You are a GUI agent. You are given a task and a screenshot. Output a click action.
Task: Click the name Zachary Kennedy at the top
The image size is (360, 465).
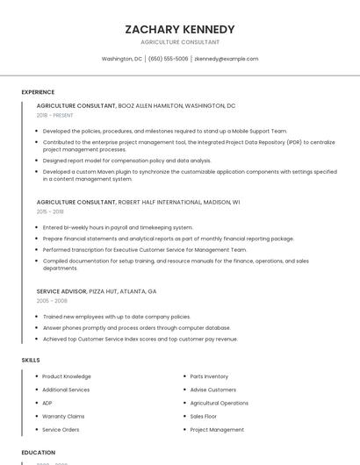click(180, 29)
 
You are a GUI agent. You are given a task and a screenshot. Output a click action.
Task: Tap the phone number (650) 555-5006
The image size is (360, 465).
click(168, 59)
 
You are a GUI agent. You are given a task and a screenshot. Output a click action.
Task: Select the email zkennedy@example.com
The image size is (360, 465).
click(227, 59)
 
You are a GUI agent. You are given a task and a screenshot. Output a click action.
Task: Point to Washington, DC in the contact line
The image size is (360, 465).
click(122, 59)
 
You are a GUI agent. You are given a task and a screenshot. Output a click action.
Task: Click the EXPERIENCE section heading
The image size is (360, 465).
click(38, 92)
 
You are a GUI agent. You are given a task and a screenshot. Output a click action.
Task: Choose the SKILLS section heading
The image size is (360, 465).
click(31, 360)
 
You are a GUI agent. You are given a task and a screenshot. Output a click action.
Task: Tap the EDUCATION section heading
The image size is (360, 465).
click(39, 453)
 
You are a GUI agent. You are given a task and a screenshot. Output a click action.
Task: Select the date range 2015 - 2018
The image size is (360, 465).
click(50, 211)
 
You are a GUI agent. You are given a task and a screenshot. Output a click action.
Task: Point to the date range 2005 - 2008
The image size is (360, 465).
click(52, 300)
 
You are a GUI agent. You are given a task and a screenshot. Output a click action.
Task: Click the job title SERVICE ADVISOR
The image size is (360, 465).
click(61, 290)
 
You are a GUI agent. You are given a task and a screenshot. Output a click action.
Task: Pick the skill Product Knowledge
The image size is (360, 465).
click(67, 376)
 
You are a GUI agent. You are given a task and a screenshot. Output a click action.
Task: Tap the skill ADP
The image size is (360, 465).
click(47, 403)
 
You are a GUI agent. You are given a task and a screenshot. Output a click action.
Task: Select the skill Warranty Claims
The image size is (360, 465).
click(63, 416)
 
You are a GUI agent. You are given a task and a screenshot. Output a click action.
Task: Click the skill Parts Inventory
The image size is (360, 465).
click(209, 376)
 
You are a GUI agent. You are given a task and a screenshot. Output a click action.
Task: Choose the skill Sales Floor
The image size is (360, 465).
click(204, 416)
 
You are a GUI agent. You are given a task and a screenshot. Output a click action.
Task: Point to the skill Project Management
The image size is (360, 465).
click(217, 430)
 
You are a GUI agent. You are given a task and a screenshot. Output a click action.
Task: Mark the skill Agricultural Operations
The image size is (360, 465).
click(220, 403)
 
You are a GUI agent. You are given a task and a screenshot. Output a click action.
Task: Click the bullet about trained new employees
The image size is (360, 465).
click(116, 316)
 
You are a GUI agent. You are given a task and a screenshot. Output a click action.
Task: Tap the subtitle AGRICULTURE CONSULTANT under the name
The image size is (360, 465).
click(180, 42)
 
